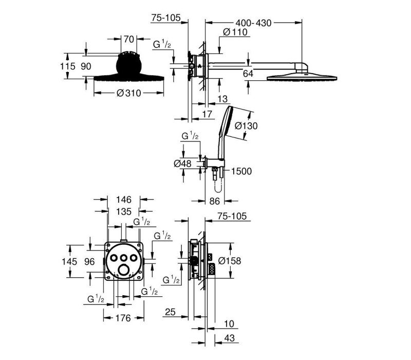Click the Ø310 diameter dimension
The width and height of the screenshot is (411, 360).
pos(129,93)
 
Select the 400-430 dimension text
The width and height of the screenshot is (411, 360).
pos(253,23)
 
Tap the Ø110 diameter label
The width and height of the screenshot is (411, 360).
pos(235,32)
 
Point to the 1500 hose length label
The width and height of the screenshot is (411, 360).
pos(241,171)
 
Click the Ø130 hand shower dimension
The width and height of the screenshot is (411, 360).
pos(246,126)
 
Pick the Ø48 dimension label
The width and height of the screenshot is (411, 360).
pos(183,164)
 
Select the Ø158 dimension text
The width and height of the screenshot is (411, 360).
pos(230,261)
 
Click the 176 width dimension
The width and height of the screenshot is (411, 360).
pos(123,318)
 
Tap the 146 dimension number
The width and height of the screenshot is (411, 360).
pos(124,200)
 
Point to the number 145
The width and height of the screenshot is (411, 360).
pos(69,262)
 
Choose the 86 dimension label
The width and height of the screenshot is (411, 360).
pos(214,201)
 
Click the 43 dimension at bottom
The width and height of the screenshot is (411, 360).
pos(229,338)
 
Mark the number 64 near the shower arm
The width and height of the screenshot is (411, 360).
pos(248,74)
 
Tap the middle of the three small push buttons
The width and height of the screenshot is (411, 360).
pos(123,258)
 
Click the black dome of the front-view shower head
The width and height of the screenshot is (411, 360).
pos(129,65)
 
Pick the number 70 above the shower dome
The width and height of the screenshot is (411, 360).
pos(129,40)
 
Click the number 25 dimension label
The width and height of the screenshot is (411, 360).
pos(170,312)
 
